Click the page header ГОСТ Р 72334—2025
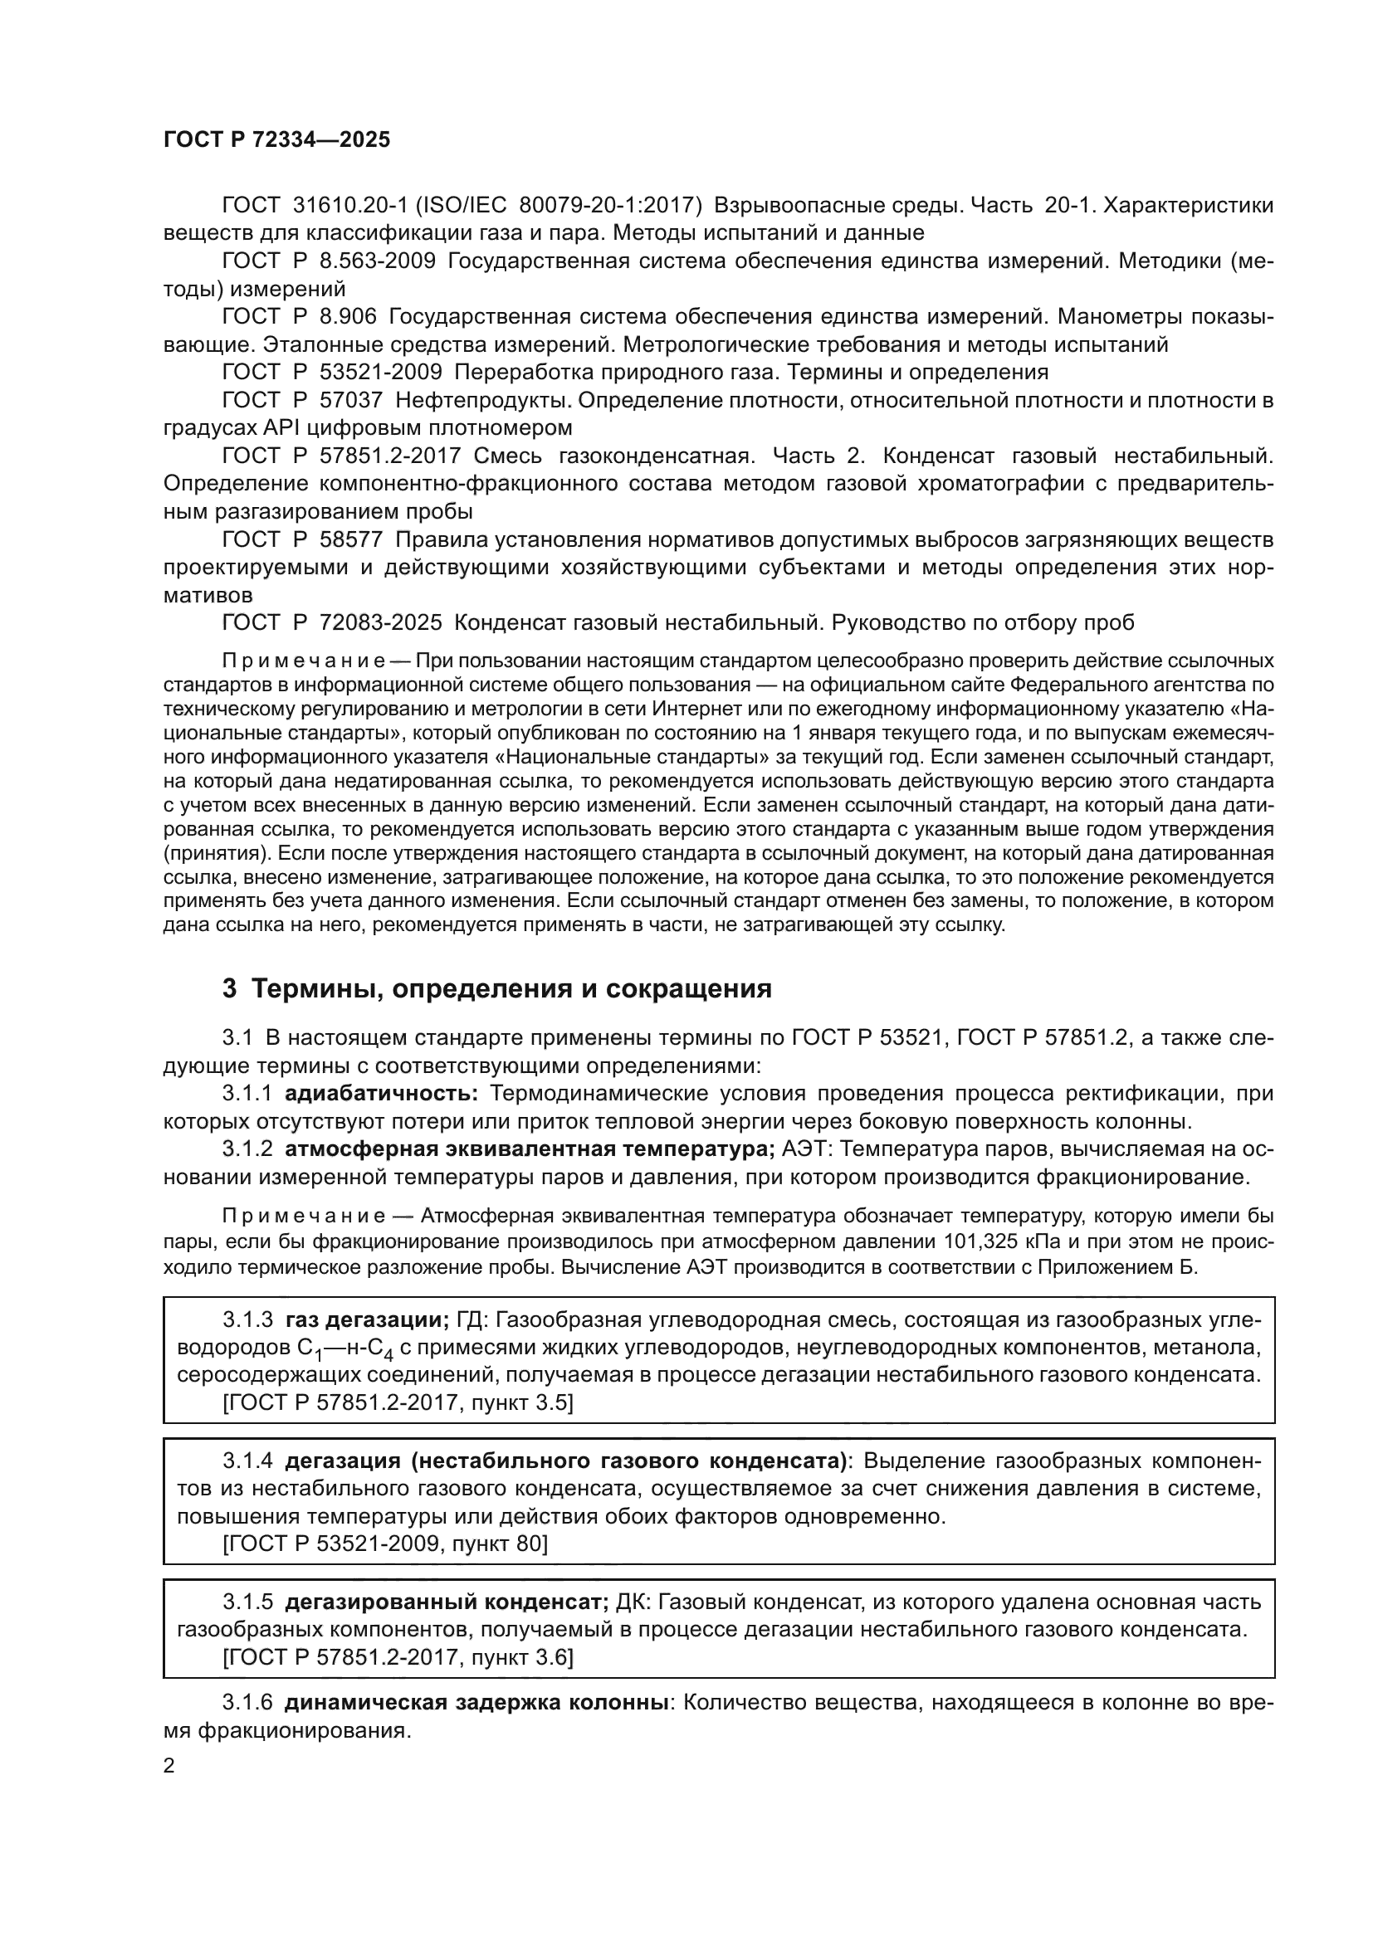click(276, 140)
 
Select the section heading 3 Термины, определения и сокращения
click(496, 988)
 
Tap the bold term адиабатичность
click(381, 1094)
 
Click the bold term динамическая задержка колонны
click(476, 1703)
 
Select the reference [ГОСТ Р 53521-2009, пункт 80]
click(384, 1544)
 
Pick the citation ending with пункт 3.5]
click(398, 1403)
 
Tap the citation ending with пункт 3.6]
click(398, 1658)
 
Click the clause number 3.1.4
click(247, 1461)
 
